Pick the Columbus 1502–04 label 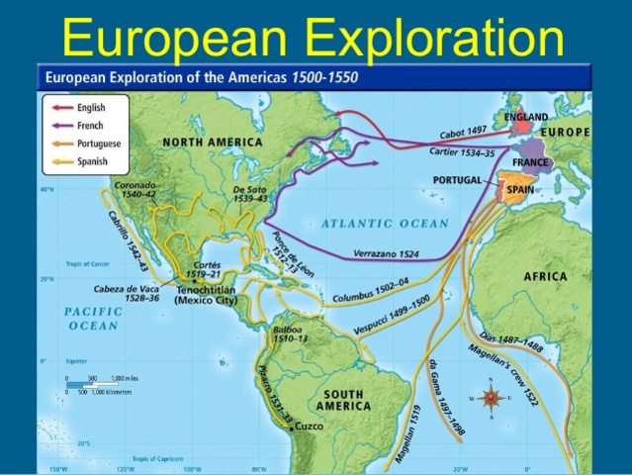click(372, 288)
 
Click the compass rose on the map click(492, 398)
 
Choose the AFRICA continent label click(545, 276)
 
